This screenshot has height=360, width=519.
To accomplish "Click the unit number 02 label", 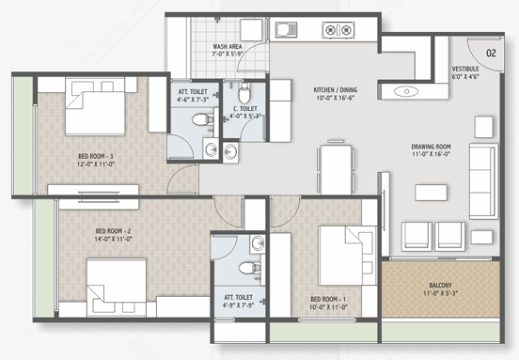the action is coord(491,53).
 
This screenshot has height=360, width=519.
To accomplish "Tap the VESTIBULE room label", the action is coord(465,69).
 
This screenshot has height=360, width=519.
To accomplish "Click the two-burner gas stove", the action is coord(338,30).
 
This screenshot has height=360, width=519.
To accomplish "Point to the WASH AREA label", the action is coord(228,47).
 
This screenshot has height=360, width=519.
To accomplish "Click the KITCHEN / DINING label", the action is coord(336,89).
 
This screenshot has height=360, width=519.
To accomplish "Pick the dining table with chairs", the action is coord(336,167).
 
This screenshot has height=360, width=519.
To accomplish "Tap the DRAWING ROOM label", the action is coord(431,147).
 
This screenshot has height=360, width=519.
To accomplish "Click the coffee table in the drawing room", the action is coord(431,193).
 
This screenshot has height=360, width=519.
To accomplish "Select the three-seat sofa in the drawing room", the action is coord(483,181).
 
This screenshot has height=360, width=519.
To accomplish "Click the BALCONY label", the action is coord(440,285).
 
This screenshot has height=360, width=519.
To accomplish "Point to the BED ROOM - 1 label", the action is coord(328,300).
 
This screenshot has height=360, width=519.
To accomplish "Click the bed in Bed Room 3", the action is coord(95,106).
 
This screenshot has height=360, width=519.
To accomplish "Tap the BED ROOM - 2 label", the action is coord(113,231).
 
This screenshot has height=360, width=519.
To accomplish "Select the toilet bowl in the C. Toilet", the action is coord(244,93).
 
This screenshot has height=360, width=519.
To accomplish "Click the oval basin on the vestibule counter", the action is coord(406,91).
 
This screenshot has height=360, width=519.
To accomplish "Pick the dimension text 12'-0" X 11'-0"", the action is coord(96,164).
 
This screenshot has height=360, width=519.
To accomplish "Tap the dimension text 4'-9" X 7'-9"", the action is coord(238,305).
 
